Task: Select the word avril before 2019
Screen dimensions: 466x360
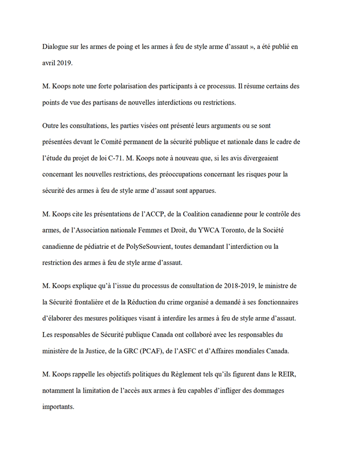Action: [51, 61]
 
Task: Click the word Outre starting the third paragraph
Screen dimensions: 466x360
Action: [52, 126]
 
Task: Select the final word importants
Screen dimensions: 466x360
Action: [58, 407]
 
